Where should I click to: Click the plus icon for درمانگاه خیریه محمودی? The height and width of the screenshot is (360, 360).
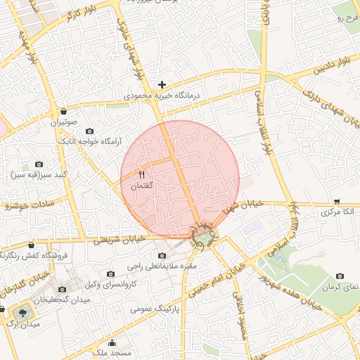(162, 84)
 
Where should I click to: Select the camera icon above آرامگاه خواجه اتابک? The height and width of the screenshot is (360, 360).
(89, 131)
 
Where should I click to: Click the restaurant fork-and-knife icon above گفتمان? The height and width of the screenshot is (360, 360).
(142, 174)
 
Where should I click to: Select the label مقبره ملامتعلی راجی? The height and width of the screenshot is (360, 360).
(163, 267)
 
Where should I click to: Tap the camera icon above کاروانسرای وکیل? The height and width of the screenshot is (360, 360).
(110, 274)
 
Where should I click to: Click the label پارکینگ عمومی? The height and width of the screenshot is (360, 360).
(155, 308)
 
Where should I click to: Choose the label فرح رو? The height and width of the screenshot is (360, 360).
(347, 17)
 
